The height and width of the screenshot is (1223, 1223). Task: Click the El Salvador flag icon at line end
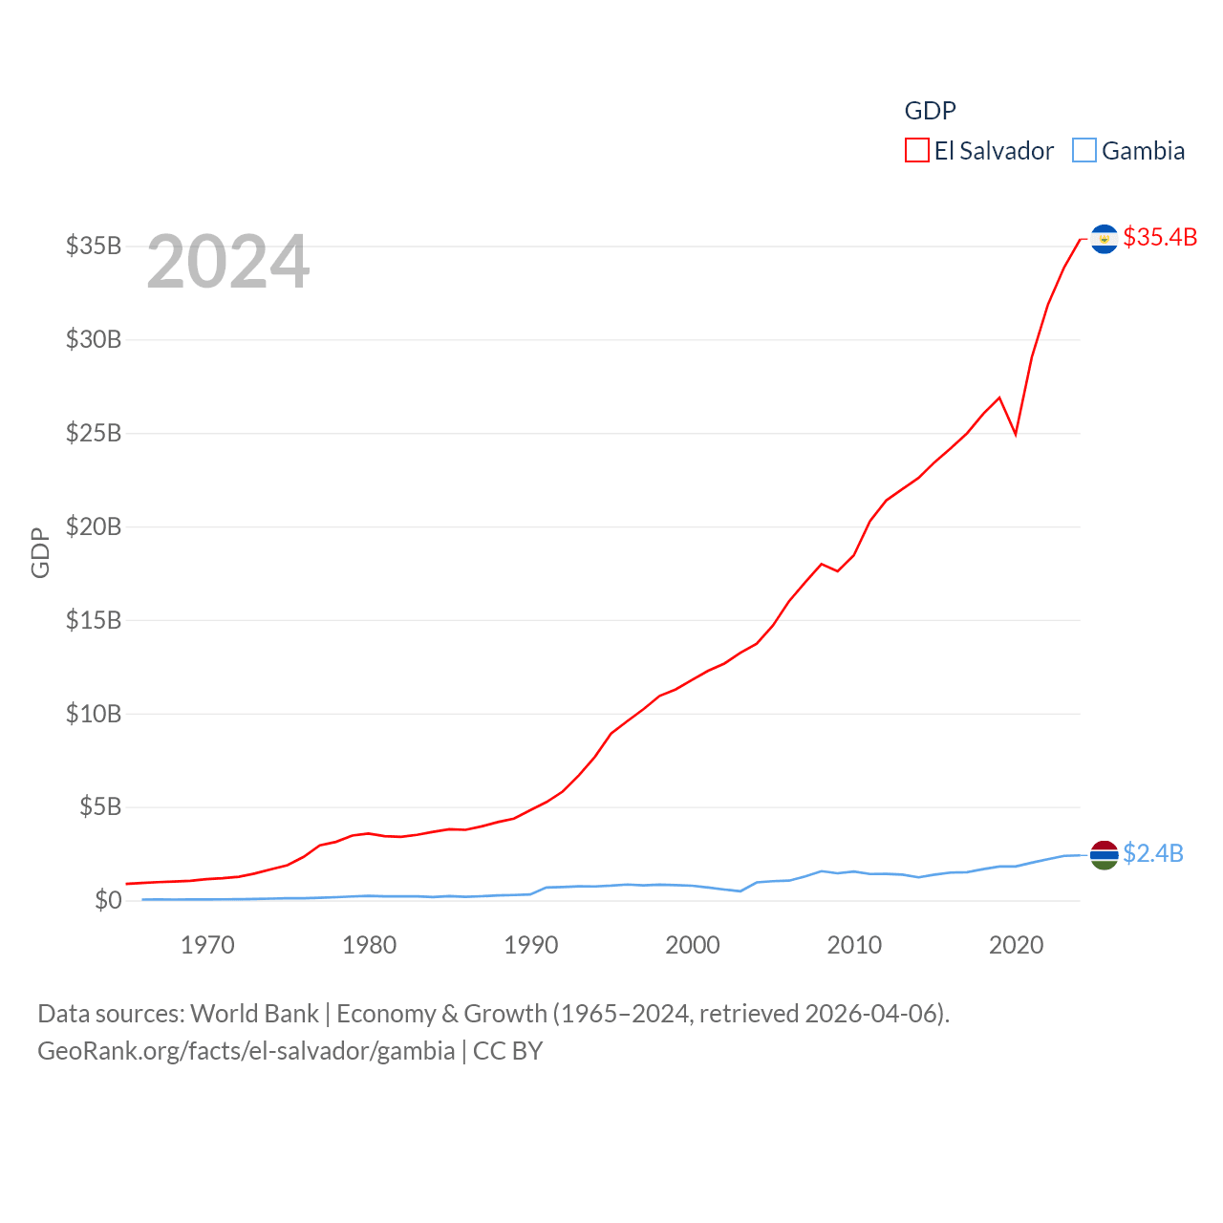click(x=1104, y=239)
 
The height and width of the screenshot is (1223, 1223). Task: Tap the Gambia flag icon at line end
click(x=1104, y=855)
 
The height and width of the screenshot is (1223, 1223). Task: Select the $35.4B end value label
click(x=1160, y=237)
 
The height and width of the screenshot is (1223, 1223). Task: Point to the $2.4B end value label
click(x=1153, y=853)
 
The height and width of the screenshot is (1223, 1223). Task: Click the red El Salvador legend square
click(x=917, y=151)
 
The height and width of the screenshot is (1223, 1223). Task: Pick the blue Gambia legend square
click(x=1084, y=151)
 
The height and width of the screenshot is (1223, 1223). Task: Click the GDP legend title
click(x=930, y=111)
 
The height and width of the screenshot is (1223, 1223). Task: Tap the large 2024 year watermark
click(x=228, y=262)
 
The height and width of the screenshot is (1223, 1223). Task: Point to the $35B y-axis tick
click(x=94, y=246)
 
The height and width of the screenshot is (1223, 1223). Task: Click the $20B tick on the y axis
click(x=94, y=526)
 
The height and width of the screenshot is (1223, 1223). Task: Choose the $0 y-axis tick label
click(x=107, y=900)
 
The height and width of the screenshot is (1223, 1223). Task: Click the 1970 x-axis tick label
click(x=207, y=946)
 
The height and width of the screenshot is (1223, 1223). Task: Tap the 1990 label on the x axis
click(x=531, y=946)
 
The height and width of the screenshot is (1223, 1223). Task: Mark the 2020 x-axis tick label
click(x=1016, y=946)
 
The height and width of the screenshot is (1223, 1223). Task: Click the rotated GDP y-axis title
click(x=40, y=552)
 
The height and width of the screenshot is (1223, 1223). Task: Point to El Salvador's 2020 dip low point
click(x=1016, y=434)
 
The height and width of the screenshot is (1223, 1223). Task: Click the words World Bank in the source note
click(x=254, y=1014)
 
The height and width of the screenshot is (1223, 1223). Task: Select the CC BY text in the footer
click(x=508, y=1051)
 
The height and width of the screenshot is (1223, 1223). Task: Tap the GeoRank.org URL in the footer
click(x=246, y=1051)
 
